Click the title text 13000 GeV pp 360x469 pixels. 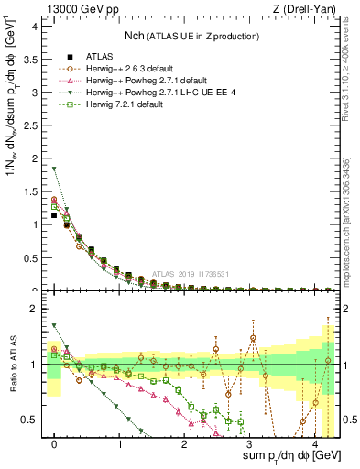[76, 9]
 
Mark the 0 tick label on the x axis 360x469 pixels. [55, 442]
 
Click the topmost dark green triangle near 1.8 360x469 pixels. [55, 169]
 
